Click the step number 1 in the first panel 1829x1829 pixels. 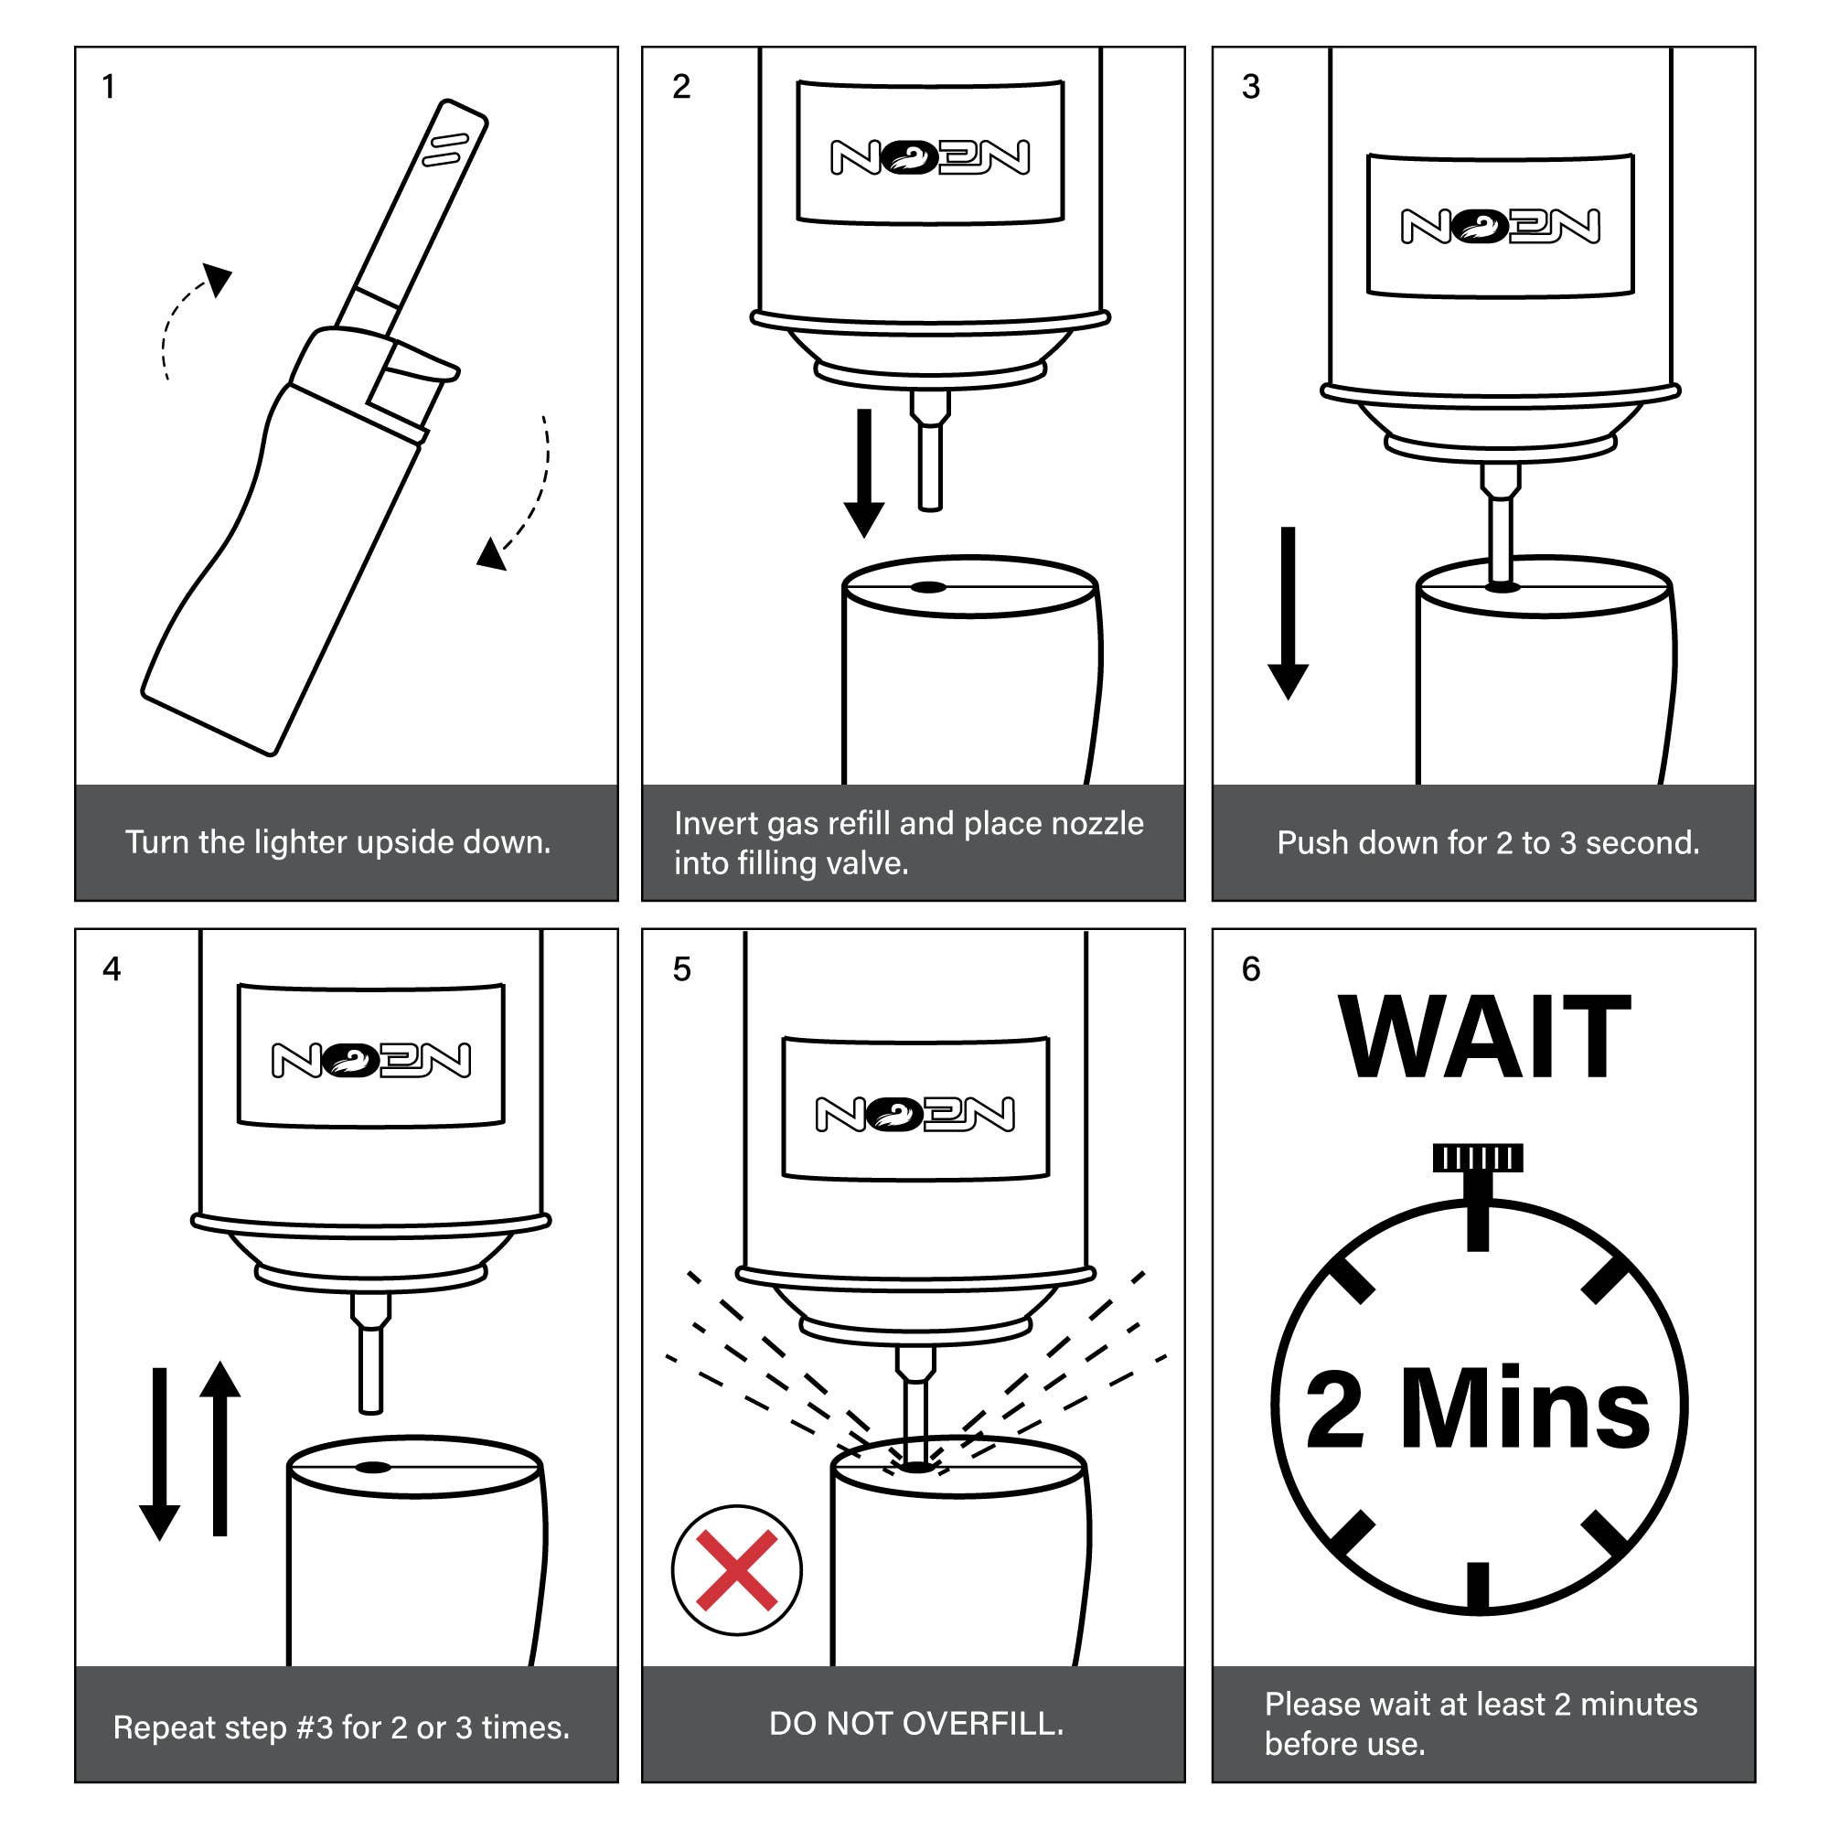[109, 87]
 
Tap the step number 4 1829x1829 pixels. [112, 969]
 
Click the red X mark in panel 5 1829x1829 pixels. [736, 1570]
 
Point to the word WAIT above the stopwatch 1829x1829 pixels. [1484, 1038]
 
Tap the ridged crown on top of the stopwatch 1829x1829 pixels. [1478, 1157]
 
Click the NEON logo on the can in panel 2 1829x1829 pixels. [931, 157]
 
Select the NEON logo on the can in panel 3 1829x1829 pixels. [1501, 225]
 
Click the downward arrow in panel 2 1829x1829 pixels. [863, 474]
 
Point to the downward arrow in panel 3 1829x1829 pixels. [1288, 614]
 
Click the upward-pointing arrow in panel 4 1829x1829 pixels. [219, 1449]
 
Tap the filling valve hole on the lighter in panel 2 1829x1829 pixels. [927, 587]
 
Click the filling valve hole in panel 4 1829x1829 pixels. [372, 1469]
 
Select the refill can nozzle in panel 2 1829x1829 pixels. [930, 451]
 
